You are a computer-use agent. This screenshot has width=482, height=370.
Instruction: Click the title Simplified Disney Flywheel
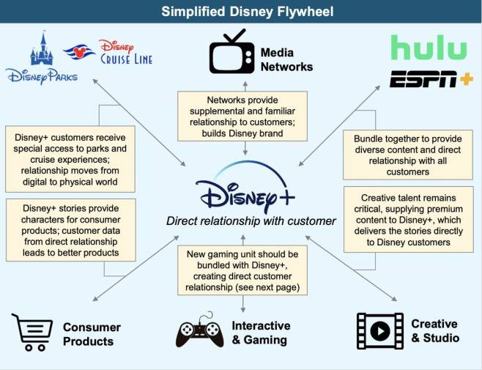(240, 11)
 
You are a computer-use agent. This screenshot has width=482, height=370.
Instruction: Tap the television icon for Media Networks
(231, 56)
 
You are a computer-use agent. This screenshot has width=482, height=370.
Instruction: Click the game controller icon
(199, 333)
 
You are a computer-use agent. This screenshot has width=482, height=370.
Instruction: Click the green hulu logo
(429, 48)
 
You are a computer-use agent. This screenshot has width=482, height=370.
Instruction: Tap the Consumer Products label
(92, 334)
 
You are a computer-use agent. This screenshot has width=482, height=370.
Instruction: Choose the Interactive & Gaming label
(261, 332)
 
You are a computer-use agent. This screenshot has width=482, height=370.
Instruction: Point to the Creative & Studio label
(434, 330)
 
